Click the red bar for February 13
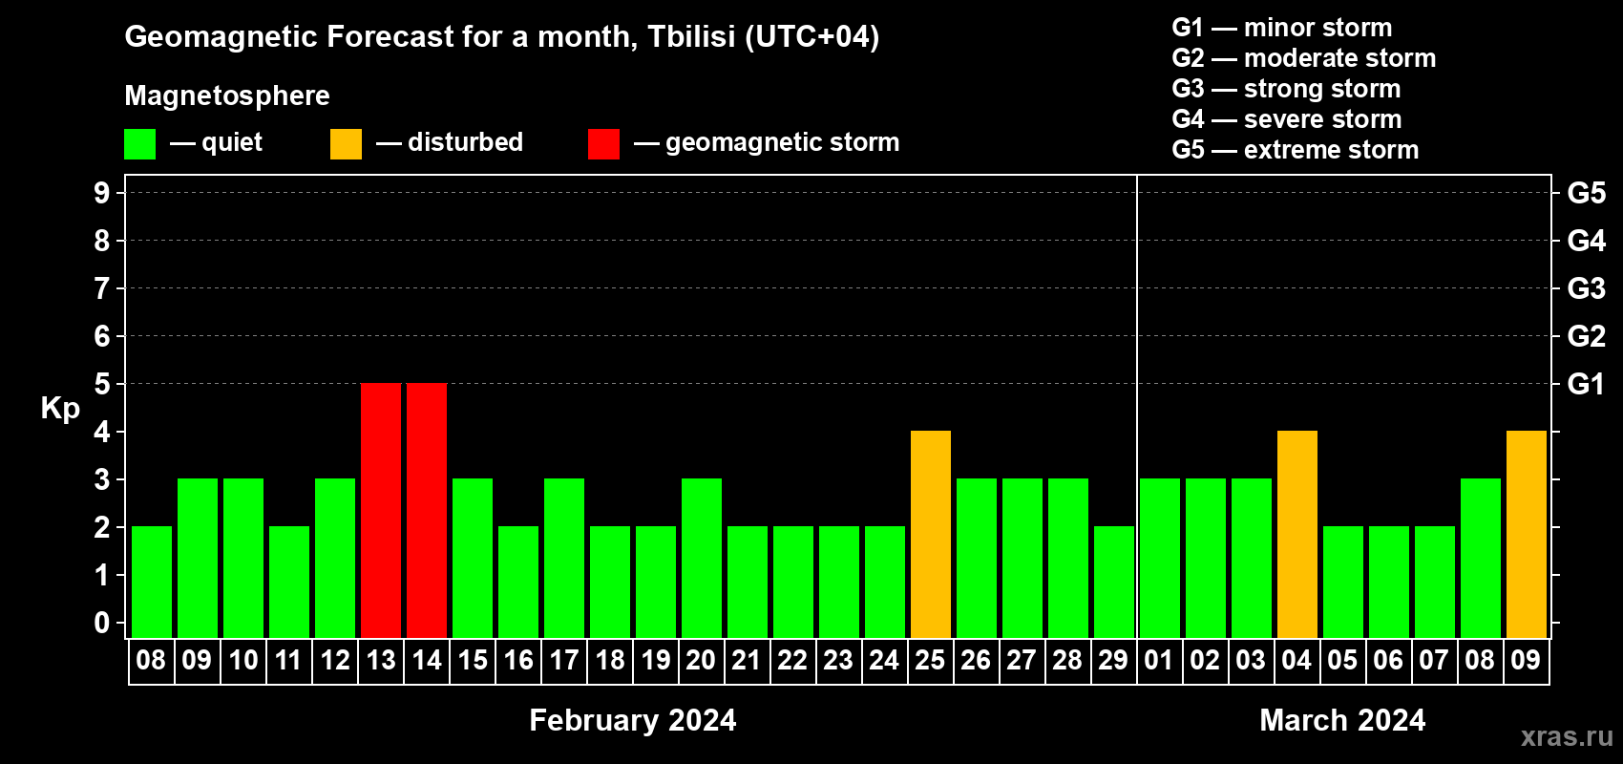coord(381,510)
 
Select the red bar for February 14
coord(427,510)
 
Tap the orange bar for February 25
coord(931,534)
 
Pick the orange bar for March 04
coord(1297,534)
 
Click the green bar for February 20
coord(702,558)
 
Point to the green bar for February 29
coord(1114,582)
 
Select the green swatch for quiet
coord(139,143)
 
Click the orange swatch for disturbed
coord(347,143)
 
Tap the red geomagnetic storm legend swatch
coord(604,143)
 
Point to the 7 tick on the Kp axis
coord(101,288)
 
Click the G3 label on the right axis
coord(1587,288)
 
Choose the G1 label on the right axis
coord(1586,384)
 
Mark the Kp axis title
coord(60,409)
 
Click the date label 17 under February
coord(564,660)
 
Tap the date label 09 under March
coord(1526,660)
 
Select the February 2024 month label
coord(633,720)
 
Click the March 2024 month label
coord(1342,720)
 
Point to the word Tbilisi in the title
coord(691,36)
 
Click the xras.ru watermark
coord(1567,736)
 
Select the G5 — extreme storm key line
coord(1296,150)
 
